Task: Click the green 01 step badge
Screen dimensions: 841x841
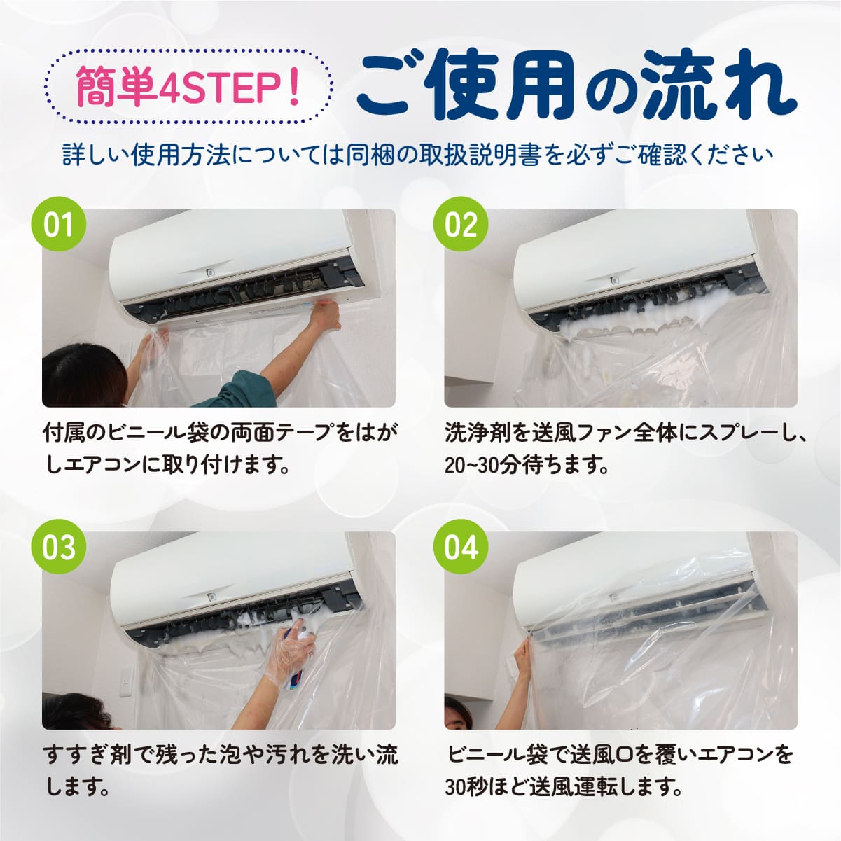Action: click(x=59, y=225)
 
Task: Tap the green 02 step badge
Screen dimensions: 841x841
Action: click(x=461, y=225)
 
